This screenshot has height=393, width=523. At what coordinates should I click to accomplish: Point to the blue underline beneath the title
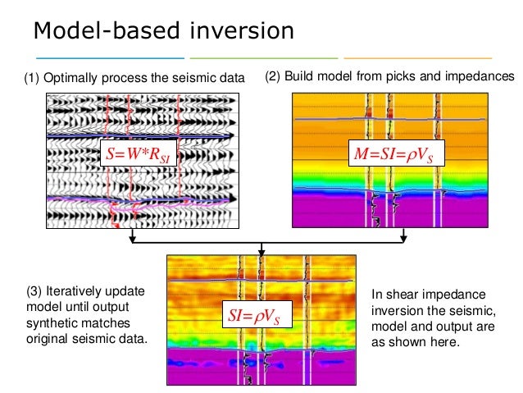[110, 58]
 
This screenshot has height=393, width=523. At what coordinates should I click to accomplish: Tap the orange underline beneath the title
[417, 58]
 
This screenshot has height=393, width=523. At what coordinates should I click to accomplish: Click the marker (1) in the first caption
[30, 80]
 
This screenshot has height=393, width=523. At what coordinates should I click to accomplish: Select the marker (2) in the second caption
[273, 77]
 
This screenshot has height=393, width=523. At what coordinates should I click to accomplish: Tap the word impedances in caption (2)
[484, 77]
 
